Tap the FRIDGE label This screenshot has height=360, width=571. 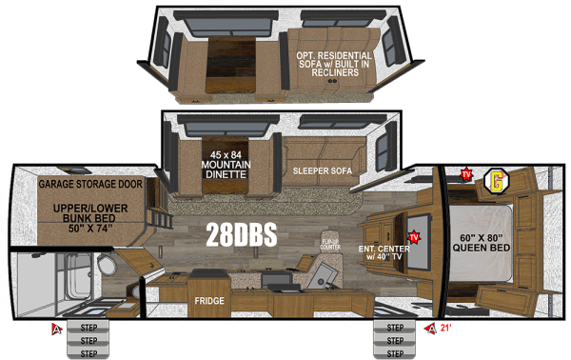point(209,302)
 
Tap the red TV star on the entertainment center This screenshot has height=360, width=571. point(414,236)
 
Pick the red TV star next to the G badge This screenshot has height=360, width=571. point(466,174)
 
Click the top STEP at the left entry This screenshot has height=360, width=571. point(89,329)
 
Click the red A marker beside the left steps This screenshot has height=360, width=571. point(57,330)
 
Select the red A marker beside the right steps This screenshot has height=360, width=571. point(433,330)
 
